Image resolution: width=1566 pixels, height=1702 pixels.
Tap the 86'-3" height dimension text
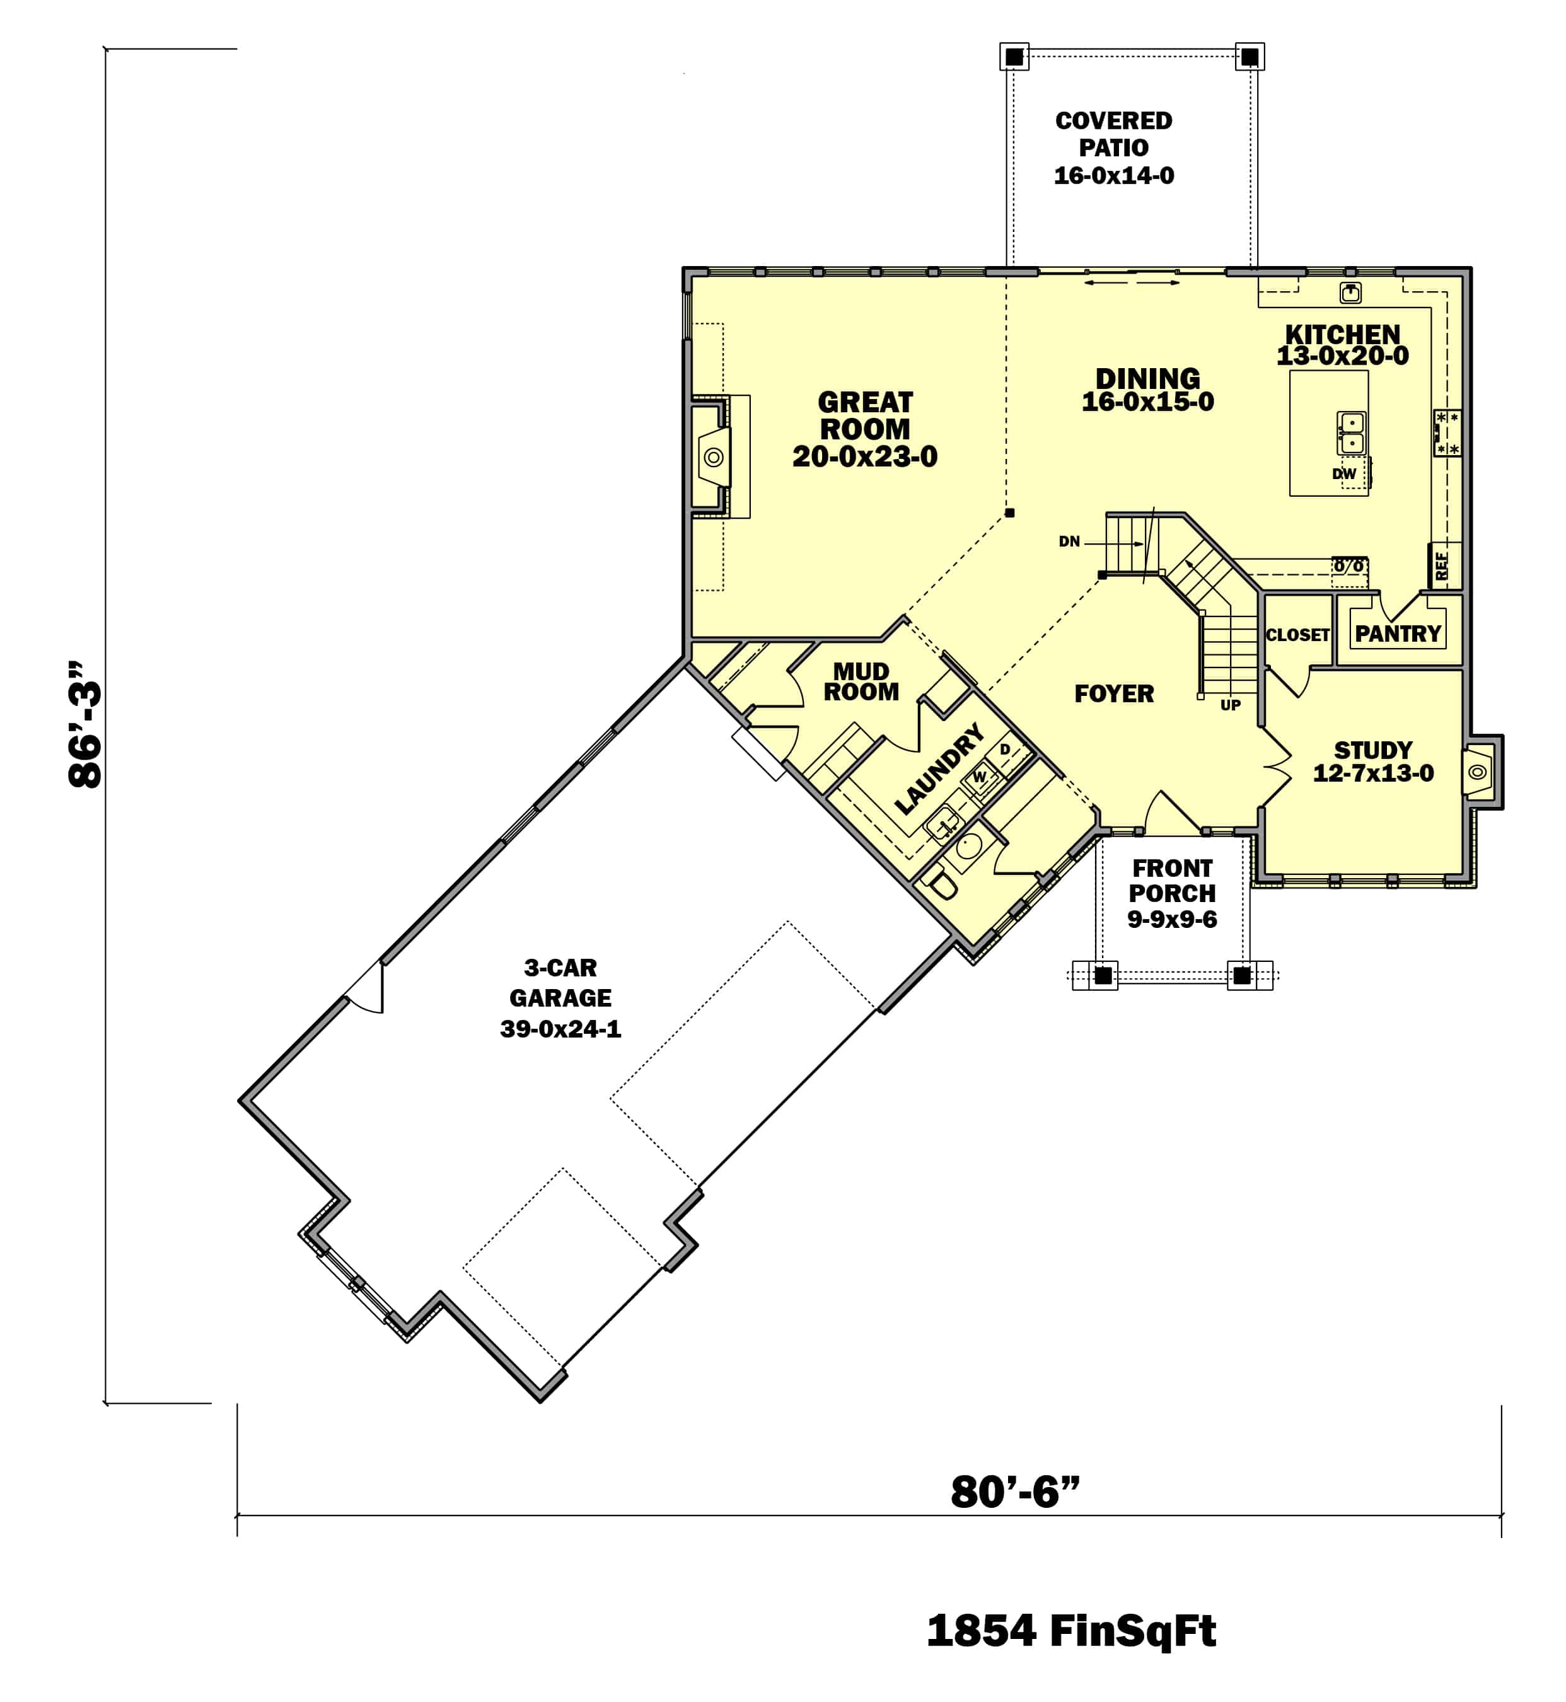(86, 724)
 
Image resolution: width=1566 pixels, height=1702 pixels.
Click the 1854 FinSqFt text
(1070, 1631)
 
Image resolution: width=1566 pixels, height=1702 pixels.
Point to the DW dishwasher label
(1344, 473)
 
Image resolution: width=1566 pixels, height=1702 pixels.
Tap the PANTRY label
(1398, 634)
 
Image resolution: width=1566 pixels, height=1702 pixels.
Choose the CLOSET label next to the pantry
(1297, 635)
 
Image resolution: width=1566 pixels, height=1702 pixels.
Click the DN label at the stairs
(1069, 542)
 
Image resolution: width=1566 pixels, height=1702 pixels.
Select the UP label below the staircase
(1231, 705)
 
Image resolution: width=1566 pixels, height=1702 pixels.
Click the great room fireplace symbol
(714, 458)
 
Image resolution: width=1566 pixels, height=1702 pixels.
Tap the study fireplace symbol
(1477, 772)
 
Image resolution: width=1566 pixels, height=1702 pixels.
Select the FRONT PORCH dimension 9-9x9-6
(1171, 919)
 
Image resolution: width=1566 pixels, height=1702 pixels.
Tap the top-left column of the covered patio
(1014, 57)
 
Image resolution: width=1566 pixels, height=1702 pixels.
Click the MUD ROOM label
(861, 682)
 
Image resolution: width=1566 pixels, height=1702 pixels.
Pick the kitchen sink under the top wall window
(1350, 293)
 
